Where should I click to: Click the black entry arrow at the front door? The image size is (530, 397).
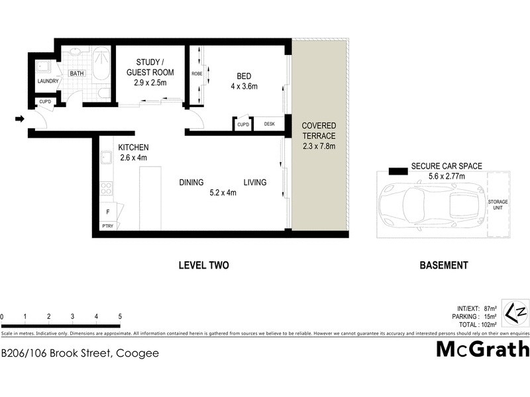20,119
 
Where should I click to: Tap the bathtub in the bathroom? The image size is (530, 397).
102,65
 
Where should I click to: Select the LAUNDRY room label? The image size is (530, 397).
48,81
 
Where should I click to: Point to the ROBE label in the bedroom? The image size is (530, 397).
197,73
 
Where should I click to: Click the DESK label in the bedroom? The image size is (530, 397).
269,124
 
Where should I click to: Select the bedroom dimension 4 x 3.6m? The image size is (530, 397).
243,87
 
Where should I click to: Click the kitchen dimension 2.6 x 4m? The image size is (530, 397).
133,157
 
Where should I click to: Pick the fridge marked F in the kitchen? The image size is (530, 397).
107,212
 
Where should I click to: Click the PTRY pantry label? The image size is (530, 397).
107,226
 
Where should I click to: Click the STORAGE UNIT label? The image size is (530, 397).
498,204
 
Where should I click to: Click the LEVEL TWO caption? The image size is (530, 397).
203,265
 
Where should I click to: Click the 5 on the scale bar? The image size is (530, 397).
120,316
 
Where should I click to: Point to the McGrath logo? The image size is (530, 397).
482,349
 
